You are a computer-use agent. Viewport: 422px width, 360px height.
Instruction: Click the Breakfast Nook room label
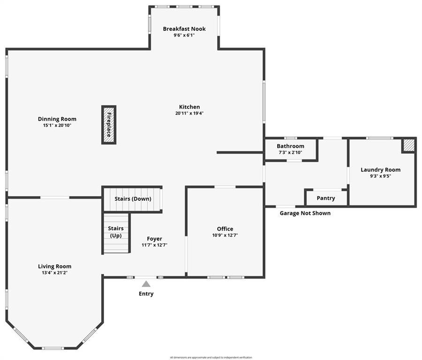[184, 29]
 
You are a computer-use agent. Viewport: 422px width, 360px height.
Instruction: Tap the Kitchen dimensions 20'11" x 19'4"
[189, 113]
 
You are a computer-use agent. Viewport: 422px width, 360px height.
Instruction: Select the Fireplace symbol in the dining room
[109, 125]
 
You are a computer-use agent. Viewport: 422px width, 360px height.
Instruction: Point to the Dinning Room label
[57, 119]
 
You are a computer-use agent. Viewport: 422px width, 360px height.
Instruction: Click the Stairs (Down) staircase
[133, 199]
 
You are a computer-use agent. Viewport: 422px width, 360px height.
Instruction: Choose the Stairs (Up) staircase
[116, 232]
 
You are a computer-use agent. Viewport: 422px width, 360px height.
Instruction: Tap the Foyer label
[154, 239]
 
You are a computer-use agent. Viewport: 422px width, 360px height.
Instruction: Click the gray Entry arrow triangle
[146, 284]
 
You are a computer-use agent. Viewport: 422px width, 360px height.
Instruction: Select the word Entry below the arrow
[146, 294]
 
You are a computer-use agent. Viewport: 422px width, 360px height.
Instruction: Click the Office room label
[225, 229]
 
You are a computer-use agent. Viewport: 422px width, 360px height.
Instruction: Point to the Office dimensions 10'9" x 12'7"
[225, 235]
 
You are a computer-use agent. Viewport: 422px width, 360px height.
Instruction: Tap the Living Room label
[55, 266]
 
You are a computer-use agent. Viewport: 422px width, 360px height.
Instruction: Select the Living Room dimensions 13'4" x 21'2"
[55, 272]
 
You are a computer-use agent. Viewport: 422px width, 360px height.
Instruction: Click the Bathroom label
[290, 146]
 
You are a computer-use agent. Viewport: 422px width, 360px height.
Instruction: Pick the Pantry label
[326, 198]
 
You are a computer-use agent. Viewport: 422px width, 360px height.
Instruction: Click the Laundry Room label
[380, 170]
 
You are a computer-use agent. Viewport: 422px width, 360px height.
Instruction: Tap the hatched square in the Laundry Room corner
[409, 145]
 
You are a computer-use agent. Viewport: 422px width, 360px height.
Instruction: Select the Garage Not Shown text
[305, 213]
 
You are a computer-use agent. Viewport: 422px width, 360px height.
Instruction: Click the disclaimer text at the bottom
[211, 357]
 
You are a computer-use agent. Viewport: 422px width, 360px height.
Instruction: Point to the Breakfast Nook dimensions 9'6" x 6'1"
[184, 35]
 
